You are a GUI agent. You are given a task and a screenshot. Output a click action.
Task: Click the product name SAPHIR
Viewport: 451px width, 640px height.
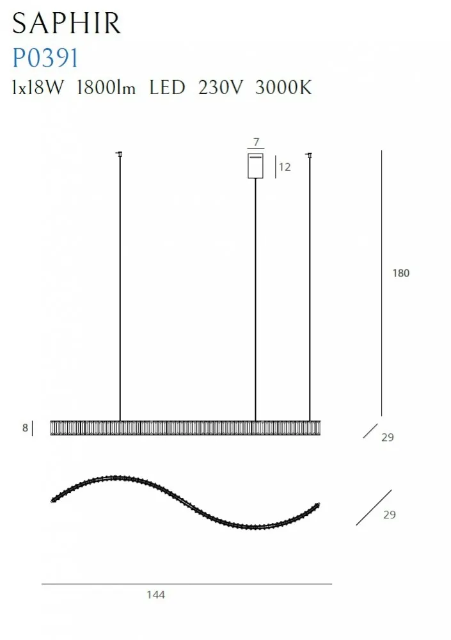(x=67, y=23)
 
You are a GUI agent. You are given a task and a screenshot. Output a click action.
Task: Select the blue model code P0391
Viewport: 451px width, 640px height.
(x=45, y=58)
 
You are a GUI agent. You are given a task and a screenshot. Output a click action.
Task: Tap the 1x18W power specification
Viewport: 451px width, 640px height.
(x=38, y=87)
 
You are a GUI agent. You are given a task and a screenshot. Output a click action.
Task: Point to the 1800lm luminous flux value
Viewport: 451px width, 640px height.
(x=106, y=87)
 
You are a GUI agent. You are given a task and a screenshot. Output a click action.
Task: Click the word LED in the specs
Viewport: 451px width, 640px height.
(x=167, y=87)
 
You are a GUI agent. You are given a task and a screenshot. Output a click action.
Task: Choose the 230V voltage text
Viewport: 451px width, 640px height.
(x=221, y=87)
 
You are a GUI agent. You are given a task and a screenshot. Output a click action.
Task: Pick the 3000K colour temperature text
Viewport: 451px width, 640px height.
(x=283, y=87)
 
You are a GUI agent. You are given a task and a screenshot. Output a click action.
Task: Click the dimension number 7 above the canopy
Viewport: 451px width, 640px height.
(x=257, y=141)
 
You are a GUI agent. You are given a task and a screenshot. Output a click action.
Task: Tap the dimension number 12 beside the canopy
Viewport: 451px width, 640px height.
(x=285, y=167)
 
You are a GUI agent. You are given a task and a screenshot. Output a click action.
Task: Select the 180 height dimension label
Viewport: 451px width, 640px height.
(x=401, y=273)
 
